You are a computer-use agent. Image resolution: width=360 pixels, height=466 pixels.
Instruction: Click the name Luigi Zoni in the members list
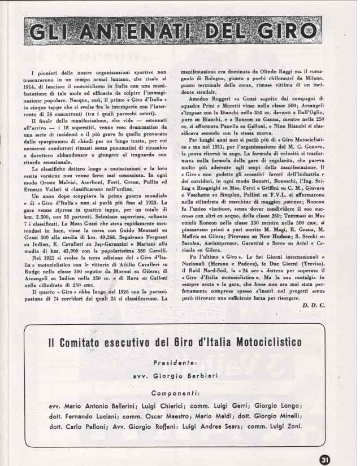(x=289, y=426)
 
